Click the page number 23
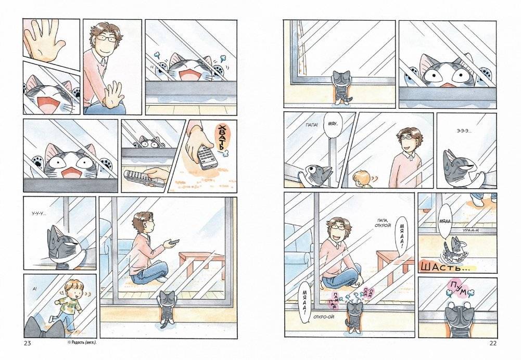click(28, 343)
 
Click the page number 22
click(493, 343)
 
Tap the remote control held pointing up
click(206, 156)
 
